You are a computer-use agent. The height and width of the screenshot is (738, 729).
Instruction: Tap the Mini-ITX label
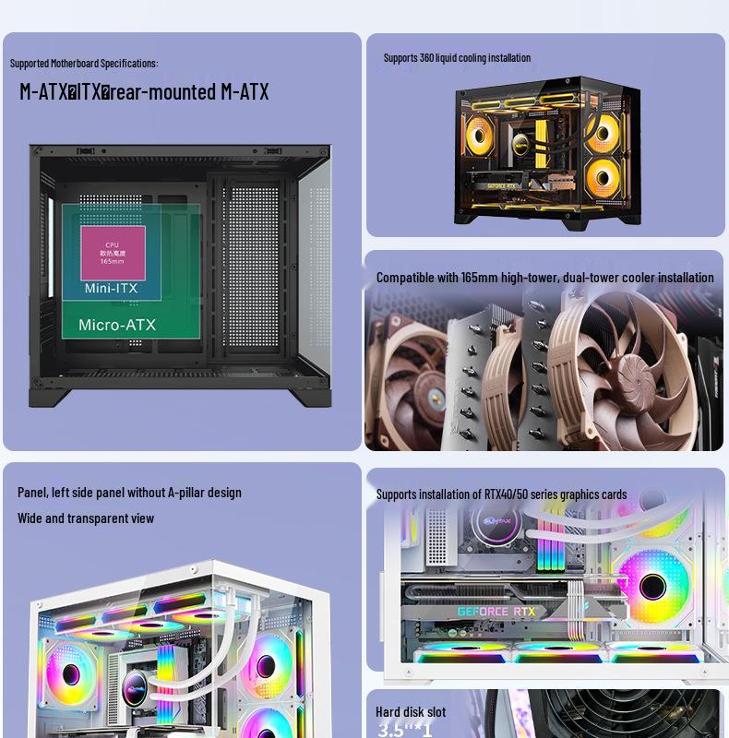click(x=111, y=289)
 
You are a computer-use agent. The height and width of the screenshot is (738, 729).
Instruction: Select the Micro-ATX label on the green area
click(x=117, y=325)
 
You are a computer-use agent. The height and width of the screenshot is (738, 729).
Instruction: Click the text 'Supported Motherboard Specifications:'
click(x=84, y=63)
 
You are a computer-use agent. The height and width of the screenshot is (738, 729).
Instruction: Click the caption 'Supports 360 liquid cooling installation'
click(x=457, y=57)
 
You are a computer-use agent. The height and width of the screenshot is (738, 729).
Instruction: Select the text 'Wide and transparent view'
click(x=86, y=518)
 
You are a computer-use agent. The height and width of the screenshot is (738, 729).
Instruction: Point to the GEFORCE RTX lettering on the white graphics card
click(x=496, y=612)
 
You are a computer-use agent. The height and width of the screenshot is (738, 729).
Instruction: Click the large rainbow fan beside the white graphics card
click(x=652, y=586)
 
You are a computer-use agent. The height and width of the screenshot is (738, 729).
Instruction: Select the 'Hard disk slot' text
click(x=411, y=711)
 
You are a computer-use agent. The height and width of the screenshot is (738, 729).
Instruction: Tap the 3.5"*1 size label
click(x=404, y=730)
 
